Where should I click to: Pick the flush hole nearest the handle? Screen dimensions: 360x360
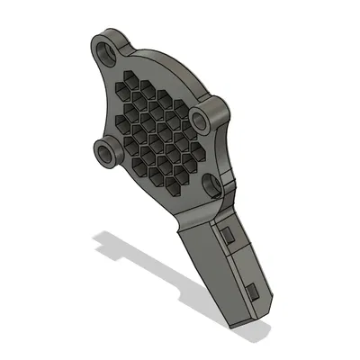pos(212,184)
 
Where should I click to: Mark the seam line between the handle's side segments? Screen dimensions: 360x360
pos(242,261)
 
